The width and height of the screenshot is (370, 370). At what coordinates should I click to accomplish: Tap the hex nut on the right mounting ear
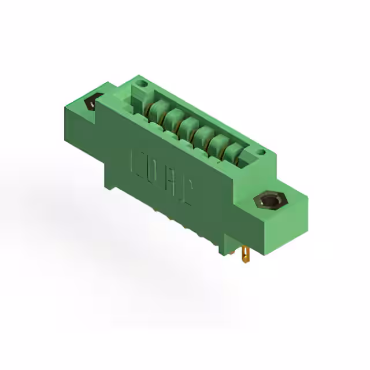(269, 202)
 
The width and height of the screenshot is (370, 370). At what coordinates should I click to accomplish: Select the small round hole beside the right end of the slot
(261, 153)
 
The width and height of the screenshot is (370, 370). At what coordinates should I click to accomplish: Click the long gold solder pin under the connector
(247, 254)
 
